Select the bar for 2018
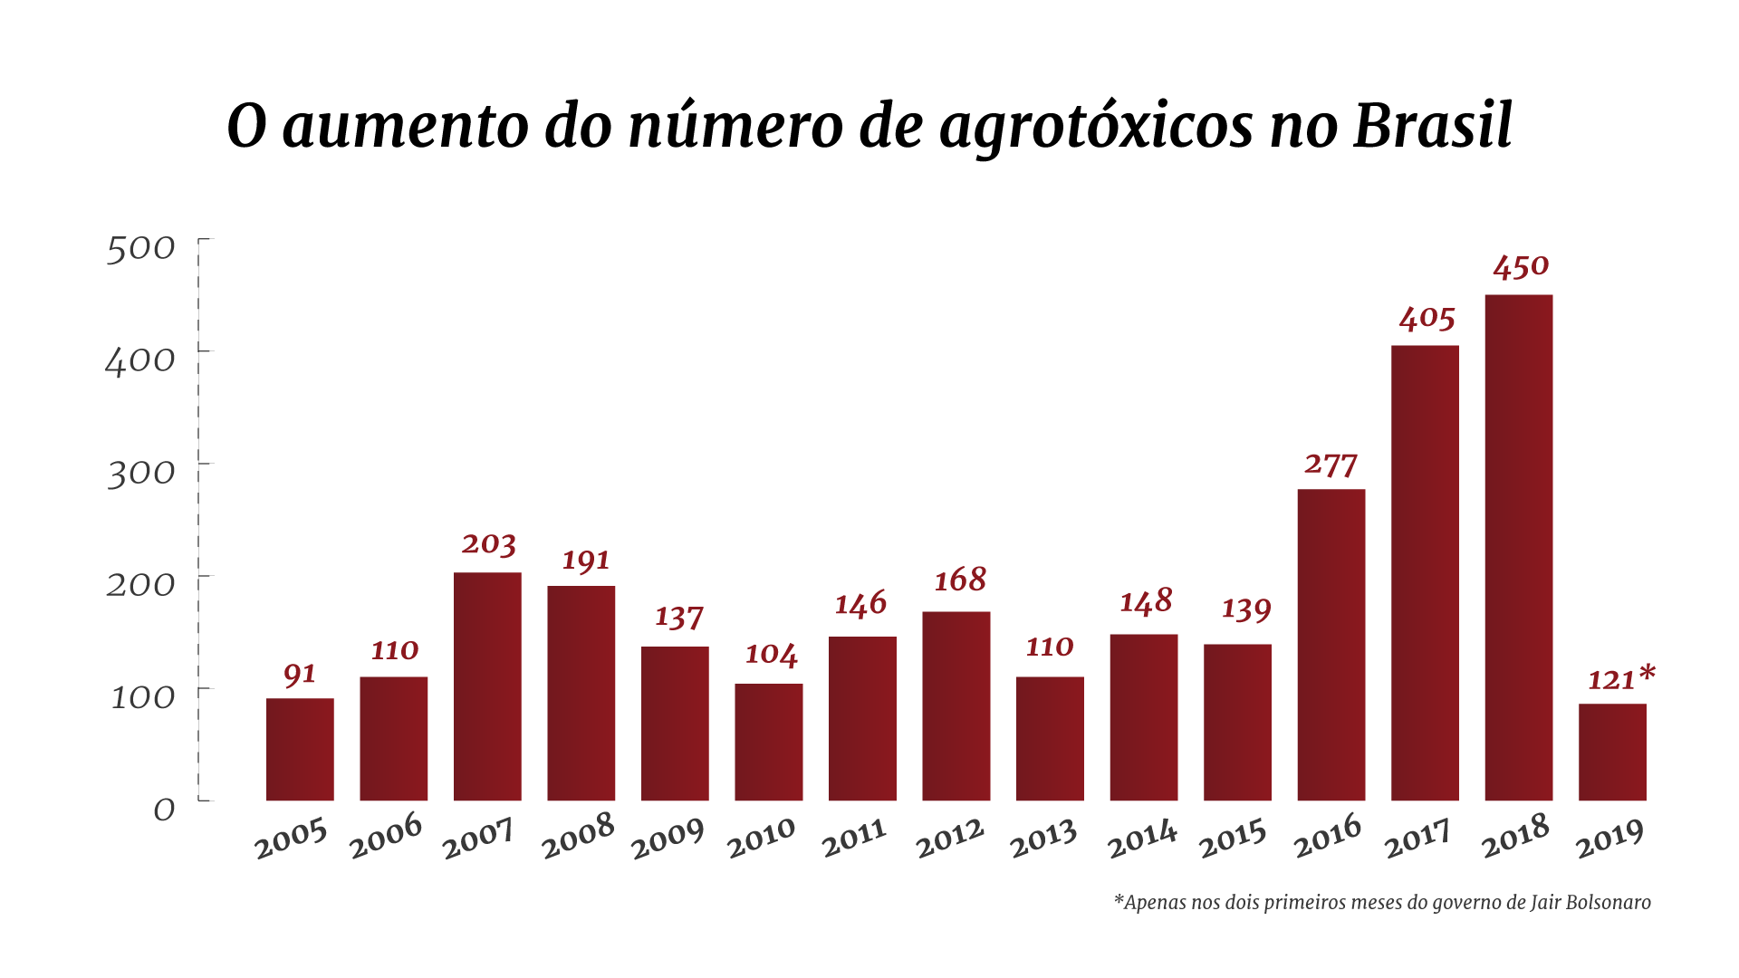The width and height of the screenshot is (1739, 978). [1518, 548]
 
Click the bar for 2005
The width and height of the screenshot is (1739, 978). [300, 749]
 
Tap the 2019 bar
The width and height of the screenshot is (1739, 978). [1612, 752]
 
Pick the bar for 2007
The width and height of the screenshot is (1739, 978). [487, 686]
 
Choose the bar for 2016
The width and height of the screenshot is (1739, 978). [1331, 645]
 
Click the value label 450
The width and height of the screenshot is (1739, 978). [1521, 267]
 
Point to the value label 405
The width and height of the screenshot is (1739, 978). [1427, 318]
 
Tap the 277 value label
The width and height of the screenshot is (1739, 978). [1331, 465]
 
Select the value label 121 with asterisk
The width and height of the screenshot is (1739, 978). [1620, 678]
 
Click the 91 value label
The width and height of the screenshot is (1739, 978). [300, 674]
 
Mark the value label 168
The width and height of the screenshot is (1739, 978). [960, 580]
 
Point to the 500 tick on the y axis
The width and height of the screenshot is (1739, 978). [140, 248]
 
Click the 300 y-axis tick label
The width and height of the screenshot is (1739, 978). [140, 473]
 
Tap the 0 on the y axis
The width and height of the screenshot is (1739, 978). [164, 809]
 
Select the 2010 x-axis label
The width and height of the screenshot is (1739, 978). [761, 838]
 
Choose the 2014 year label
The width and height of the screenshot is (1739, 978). [1142, 838]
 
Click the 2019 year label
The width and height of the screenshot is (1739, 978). [1609, 838]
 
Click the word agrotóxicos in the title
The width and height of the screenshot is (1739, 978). [1096, 127]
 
